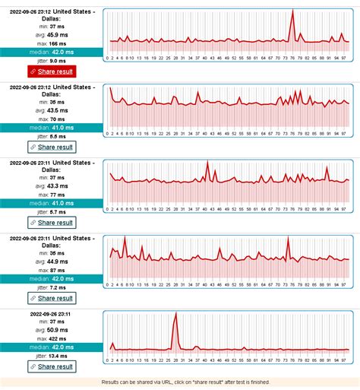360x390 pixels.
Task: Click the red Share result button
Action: [52, 71]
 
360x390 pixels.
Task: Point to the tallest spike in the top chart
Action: [293, 13]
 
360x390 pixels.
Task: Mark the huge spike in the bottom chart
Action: [175, 315]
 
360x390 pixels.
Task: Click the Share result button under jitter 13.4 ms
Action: [52, 366]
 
